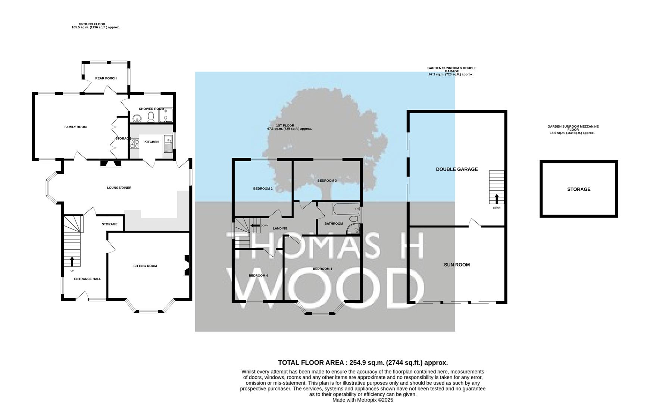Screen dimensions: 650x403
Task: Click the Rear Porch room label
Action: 106,78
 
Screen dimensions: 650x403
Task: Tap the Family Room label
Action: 75,127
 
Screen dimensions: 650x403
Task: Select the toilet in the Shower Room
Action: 151,117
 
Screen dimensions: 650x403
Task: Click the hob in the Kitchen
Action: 134,143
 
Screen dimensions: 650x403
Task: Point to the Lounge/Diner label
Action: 119,188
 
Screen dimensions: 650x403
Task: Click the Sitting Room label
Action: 145,266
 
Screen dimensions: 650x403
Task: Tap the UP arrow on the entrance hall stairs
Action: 72,261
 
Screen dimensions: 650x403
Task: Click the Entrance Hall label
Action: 88,279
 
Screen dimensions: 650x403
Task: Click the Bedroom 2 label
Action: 263,189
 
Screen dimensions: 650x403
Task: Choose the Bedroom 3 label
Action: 327,181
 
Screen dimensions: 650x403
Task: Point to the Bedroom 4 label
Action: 259,276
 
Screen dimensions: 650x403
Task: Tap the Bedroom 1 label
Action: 322,269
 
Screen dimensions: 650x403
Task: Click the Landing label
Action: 280,228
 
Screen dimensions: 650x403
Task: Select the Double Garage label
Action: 457,169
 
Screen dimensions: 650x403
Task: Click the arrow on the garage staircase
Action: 497,199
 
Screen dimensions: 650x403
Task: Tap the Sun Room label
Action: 457,265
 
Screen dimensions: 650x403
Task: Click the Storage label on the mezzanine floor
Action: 579,189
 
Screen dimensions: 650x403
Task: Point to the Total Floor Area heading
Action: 363,363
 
